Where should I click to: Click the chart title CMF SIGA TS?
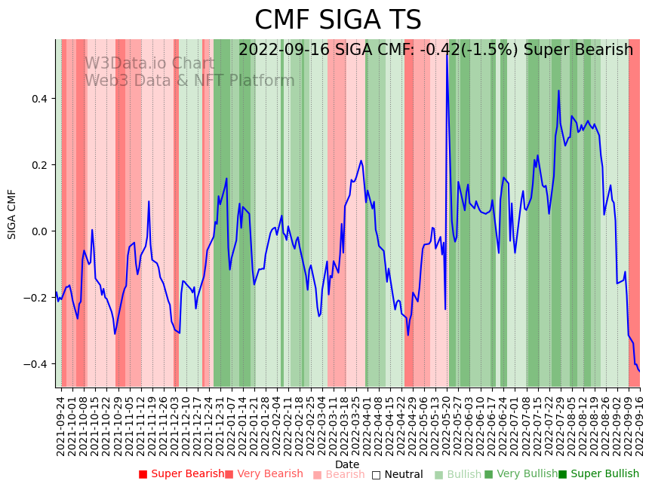coord(337,20)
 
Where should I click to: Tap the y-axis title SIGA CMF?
coord(12,214)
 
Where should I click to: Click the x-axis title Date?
coord(347,464)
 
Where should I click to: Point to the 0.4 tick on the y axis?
coord(39,99)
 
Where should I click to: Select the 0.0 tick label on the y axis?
coord(39,231)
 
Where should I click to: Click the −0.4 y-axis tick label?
coord(36,364)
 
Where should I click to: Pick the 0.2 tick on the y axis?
coord(39,165)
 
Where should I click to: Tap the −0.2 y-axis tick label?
coord(36,298)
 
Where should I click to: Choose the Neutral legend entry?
coord(397,474)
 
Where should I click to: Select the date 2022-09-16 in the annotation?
coord(277,50)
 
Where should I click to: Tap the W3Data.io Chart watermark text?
coord(149,63)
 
